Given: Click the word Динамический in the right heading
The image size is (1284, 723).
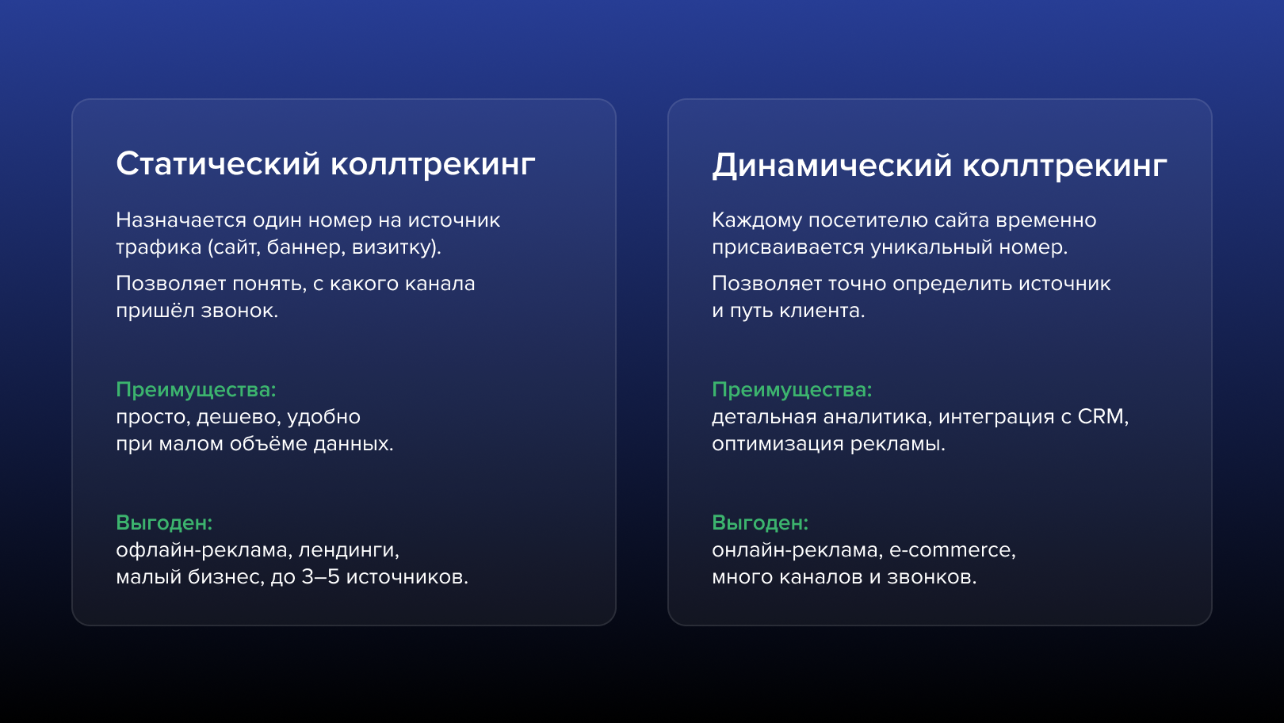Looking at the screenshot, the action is click(831, 166).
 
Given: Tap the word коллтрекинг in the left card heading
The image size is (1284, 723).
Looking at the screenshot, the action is click(433, 165).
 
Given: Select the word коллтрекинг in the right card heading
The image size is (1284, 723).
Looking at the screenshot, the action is click(1064, 166).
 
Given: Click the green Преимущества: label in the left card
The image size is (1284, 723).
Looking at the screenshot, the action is click(196, 390).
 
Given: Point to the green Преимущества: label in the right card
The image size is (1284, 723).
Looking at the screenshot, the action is click(792, 390).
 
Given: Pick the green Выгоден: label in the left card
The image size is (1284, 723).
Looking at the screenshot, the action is click(164, 523).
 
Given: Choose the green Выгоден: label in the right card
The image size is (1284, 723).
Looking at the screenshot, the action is click(760, 523).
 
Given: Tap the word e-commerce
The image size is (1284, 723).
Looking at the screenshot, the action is click(952, 550).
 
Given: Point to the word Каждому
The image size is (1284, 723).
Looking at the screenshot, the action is click(757, 221).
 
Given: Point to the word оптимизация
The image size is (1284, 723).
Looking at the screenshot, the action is click(778, 444).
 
